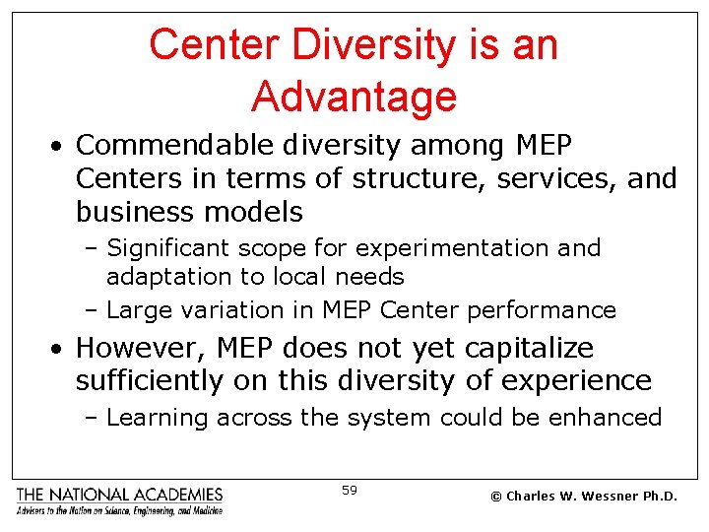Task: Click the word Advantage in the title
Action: (354, 97)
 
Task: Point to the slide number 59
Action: (350, 490)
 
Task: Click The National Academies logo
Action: (120, 499)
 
